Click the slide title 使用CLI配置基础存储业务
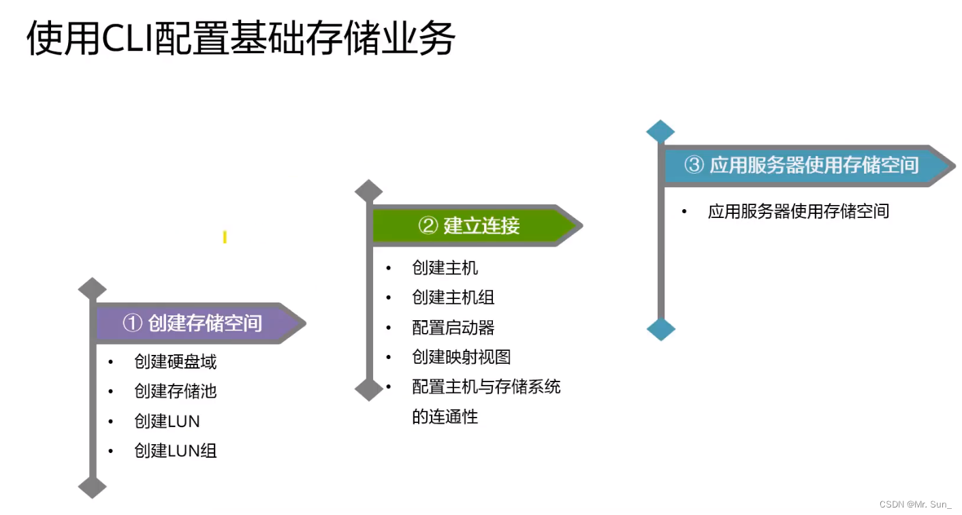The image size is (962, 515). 240,39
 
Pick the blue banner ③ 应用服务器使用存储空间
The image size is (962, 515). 803,165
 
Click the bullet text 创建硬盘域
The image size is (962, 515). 176,362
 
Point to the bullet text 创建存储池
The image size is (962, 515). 176,392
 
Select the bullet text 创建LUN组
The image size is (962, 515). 176,451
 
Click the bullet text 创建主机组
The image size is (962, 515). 453,298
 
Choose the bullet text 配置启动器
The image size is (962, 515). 453,328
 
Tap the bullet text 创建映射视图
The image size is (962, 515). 462,357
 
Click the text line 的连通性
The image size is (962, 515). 445,417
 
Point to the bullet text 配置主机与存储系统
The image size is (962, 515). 487,387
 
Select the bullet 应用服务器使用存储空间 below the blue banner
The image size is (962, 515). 799,211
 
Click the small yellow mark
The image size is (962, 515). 225,237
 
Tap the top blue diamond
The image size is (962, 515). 660,131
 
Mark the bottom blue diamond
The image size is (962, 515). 660,330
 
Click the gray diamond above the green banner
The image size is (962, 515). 369,191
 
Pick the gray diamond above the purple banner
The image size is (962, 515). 93,289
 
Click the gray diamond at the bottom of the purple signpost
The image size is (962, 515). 93,486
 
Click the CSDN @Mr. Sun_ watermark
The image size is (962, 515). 914,505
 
